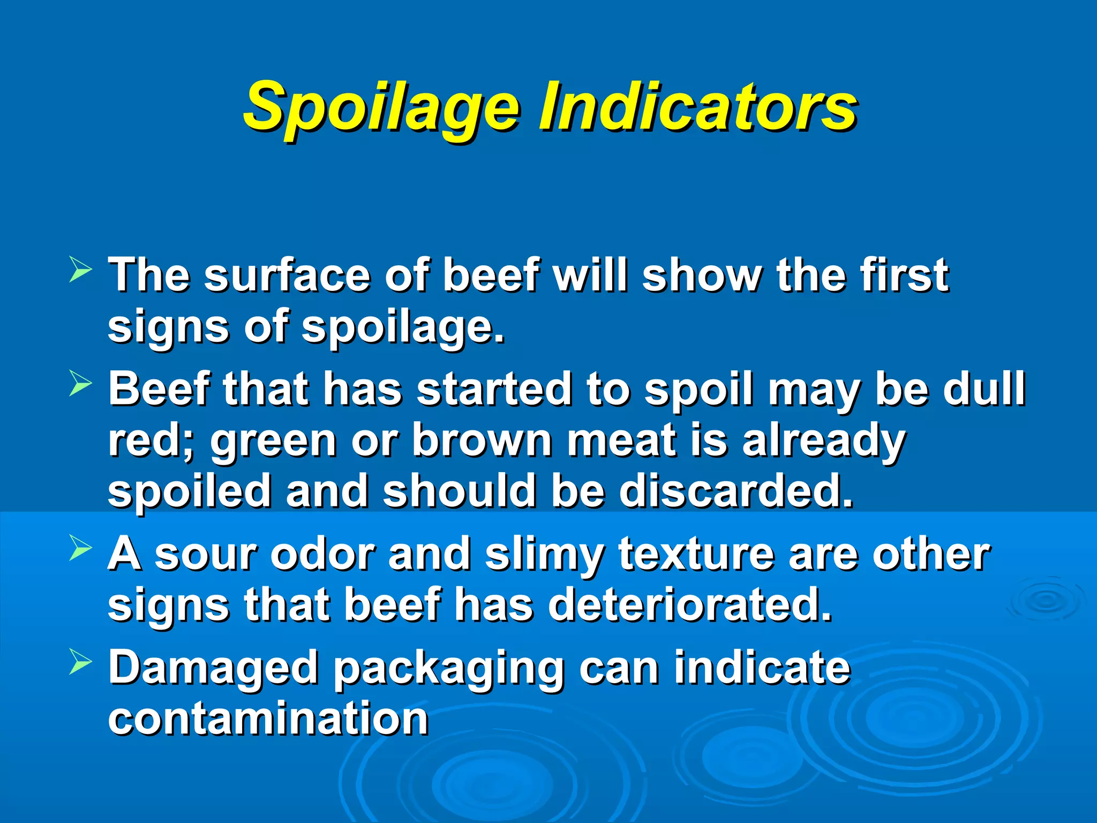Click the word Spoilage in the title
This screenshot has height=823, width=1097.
click(x=381, y=107)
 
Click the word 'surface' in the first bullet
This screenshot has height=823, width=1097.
click(x=287, y=275)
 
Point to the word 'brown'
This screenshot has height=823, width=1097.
click(x=482, y=440)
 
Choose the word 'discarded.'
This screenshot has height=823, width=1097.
click(x=736, y=491)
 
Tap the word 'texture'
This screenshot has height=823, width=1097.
click(x=696, y=555)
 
